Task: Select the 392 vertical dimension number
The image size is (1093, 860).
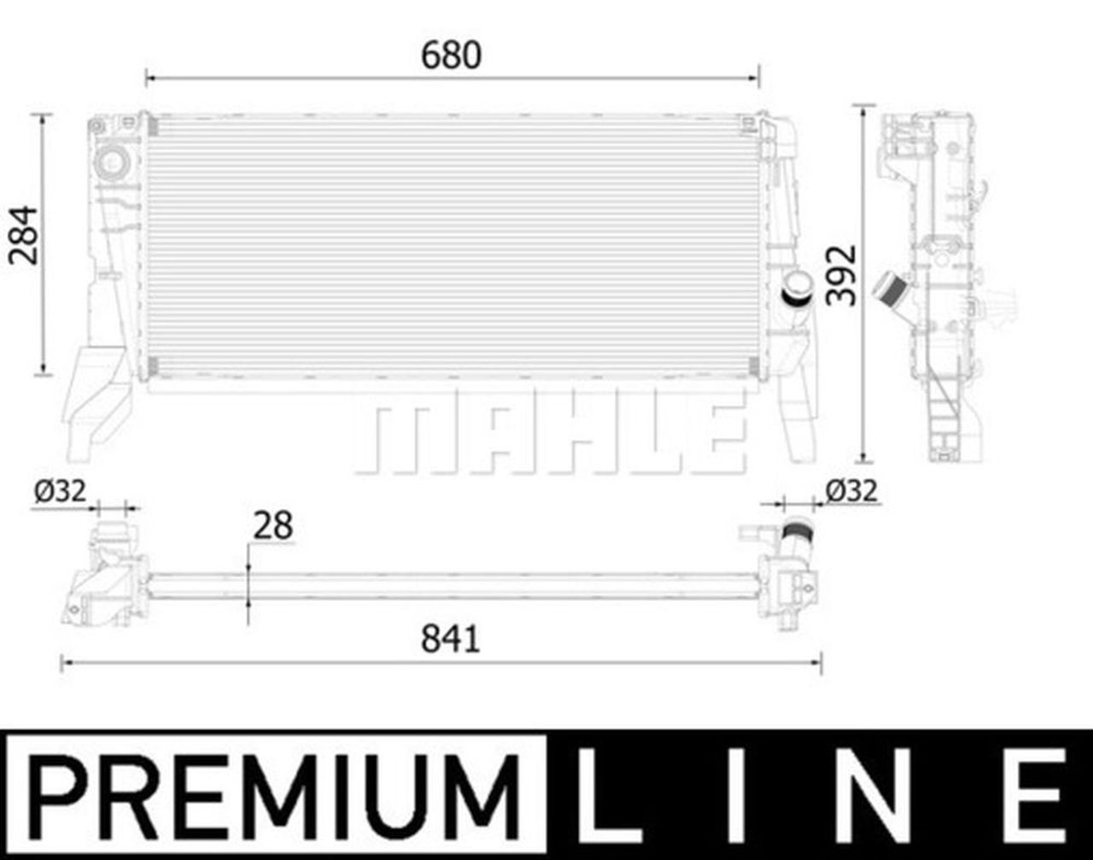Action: click(841, 274)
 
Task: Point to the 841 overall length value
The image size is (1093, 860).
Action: click(451, 639)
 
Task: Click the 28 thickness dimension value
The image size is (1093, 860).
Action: click(272, 526)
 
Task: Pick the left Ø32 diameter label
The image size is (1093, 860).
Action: click(60, 491)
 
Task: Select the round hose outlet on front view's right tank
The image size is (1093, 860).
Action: click(798, 289)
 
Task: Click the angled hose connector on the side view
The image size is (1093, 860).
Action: click(891, 290)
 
